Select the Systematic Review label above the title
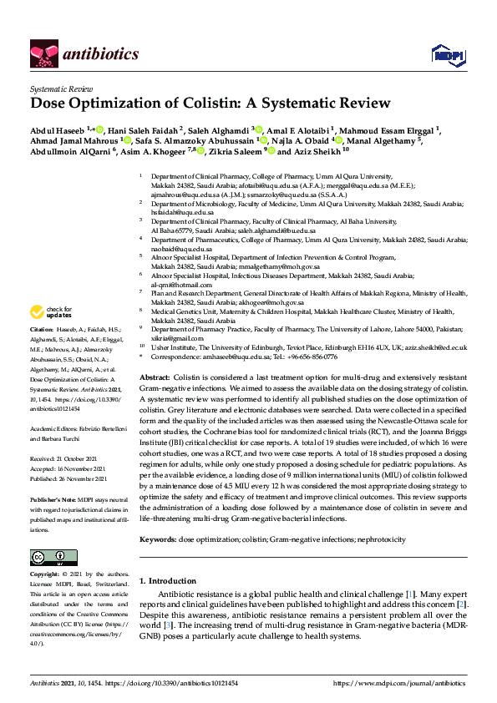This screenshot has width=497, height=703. coord(62,88)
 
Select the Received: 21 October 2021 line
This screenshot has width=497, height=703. coord(63,458)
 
